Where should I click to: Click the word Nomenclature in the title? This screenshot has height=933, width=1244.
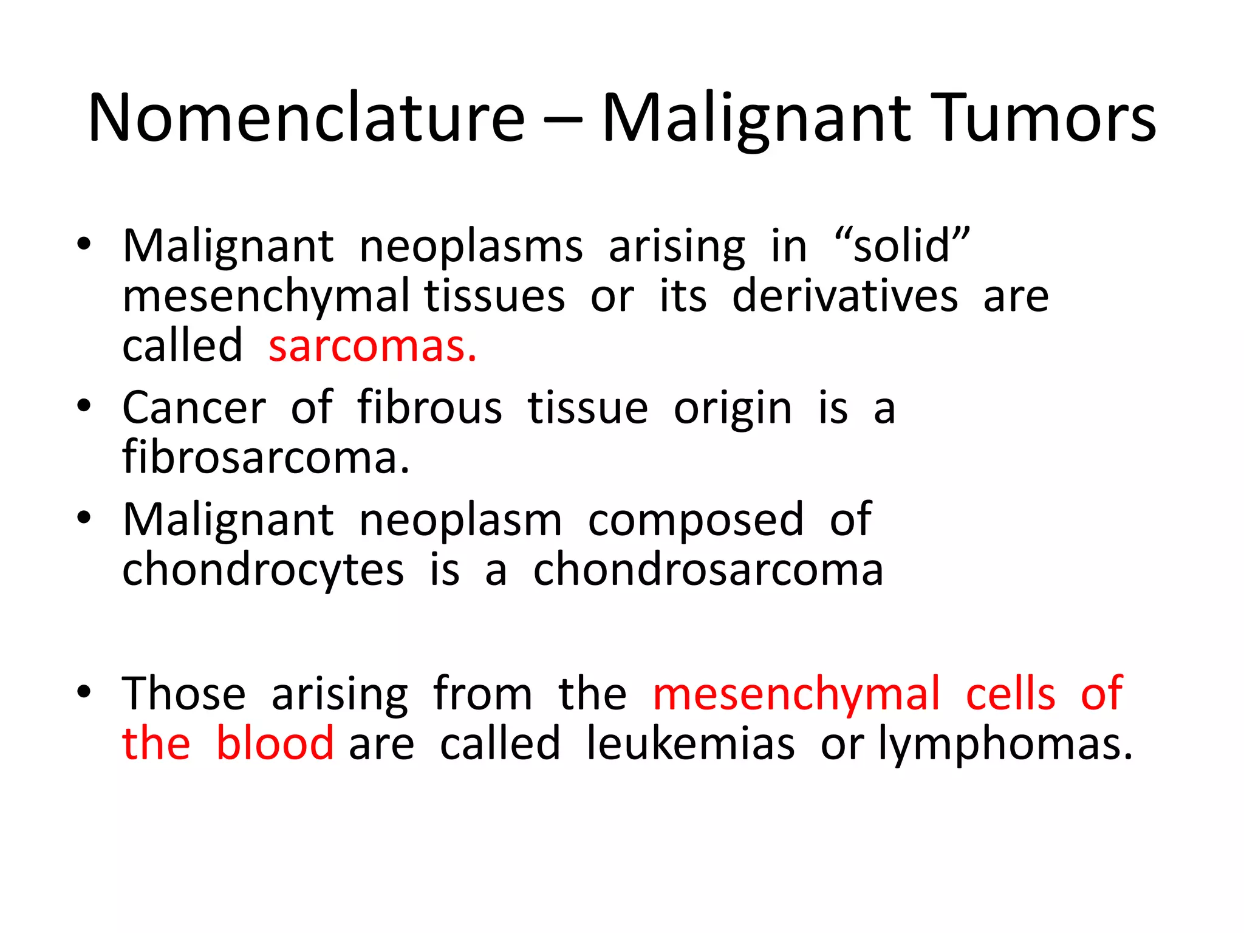tap(306, 118)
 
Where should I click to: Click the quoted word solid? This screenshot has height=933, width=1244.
tap(902, 246)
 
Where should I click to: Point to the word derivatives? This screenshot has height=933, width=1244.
tap(845, 296)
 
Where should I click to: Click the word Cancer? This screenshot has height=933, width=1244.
tap(194, 408)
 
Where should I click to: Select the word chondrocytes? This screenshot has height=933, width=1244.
tap(263, 571)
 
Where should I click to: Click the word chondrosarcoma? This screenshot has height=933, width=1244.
tap(708, 571)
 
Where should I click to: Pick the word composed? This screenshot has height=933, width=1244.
tap(695, 521)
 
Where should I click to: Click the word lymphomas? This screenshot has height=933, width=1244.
tap(1005, 745)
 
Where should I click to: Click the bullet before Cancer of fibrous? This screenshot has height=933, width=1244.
tap(84, 406)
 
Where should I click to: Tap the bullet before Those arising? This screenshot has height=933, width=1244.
tap(84, 691)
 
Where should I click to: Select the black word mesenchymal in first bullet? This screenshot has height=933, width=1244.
tap(265, 296)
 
